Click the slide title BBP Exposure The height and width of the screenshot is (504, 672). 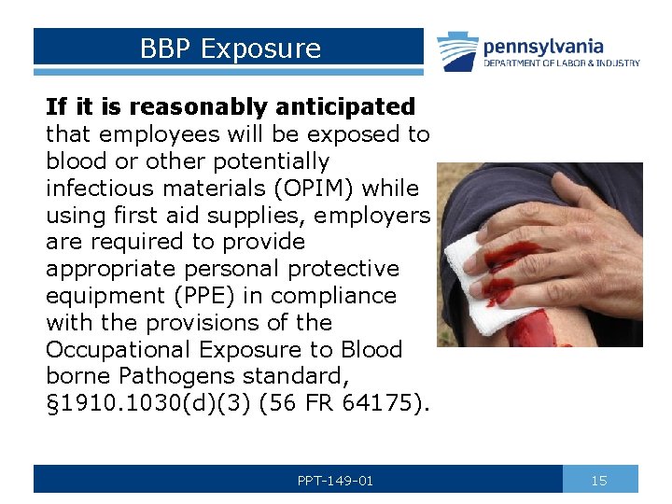(x=230, y=48)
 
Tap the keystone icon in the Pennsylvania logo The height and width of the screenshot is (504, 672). (x=457, y=51)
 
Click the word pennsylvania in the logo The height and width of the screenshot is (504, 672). (x=543, y=46)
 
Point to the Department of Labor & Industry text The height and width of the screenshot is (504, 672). (x=561, y=63)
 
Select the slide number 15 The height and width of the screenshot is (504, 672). (x=599, y=481)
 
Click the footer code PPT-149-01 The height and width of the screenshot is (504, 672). (x=335, y=481)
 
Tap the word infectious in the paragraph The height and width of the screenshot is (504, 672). (x=98, y=189)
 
